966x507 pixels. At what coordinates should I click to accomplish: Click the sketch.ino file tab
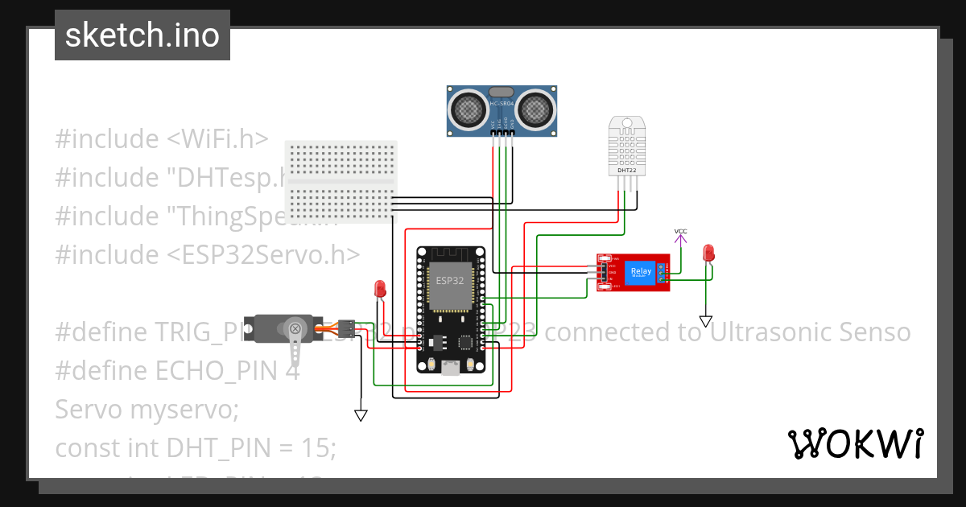click(x=142, y=35)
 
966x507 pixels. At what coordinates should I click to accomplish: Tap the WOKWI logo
click(x=855, y=443)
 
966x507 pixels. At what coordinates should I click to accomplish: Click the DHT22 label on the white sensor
click(x=626, y=171)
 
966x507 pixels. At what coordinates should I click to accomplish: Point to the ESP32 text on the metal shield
click(x=449, y=281)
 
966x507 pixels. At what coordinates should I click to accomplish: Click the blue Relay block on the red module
click(x=641, y=273)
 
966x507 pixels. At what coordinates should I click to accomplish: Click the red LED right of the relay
click(x=708, y=253)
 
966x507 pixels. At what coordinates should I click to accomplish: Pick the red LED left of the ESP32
click(x=380, y=288)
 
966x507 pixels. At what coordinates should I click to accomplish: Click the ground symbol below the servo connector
click(x=361, y=415)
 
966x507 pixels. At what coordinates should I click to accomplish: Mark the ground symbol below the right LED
click(x=706, y=322)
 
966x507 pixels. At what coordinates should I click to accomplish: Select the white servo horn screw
click(x=295, y=328)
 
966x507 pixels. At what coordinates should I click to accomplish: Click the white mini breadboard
click(x=341, y=181)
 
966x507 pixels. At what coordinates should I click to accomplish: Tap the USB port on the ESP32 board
click(x=450, y=368)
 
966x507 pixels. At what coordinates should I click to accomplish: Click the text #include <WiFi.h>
click(x=161, y=138)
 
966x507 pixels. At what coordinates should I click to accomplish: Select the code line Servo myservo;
click(x=147, y=410)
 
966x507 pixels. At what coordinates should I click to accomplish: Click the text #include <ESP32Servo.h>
click(x=207, y=255)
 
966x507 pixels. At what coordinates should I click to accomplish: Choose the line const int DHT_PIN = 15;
click(x=195, y=447)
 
